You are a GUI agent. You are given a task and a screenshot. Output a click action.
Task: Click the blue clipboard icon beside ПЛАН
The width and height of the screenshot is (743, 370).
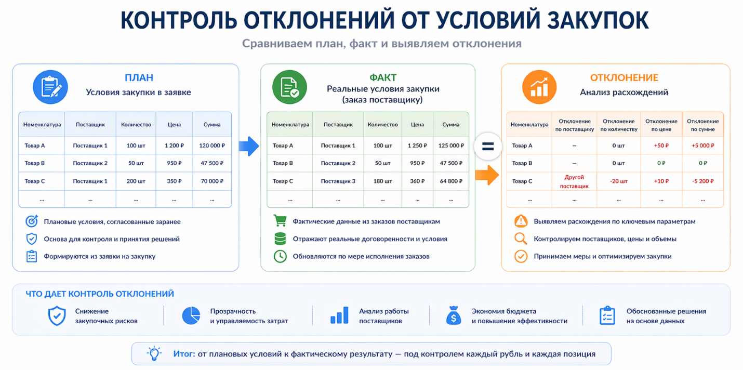tap(50, 87)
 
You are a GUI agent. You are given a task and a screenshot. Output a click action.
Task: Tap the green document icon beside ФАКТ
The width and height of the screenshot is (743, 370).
tap(289, 87)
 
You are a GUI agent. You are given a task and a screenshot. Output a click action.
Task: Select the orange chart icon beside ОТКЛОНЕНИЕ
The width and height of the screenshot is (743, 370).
tap(539, 87)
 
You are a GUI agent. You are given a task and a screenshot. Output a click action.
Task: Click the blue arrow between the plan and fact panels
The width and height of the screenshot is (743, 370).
tap(249, 146)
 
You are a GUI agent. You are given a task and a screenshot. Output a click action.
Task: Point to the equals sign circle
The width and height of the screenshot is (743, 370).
tap(488, 147)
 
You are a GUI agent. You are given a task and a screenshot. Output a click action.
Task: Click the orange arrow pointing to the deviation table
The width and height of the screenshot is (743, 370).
tap(487, 175)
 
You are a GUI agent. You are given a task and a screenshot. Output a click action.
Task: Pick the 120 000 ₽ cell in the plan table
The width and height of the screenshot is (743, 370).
tap(212, 146)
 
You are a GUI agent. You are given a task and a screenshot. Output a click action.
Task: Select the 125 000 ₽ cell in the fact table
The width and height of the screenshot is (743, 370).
tap(451, 146)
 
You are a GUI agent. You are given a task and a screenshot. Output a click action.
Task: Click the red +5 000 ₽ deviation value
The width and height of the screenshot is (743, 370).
tap(703, 146)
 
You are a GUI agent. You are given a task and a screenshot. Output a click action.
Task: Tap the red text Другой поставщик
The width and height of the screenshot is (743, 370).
tap(574, 181)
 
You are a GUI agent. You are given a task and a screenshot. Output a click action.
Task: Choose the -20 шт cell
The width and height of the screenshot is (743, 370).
tap(619, 181)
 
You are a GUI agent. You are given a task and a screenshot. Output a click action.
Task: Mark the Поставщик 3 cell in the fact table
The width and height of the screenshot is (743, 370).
tap(338, 181)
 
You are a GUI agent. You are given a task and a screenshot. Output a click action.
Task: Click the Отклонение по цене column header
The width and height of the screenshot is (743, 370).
tap(661, 125)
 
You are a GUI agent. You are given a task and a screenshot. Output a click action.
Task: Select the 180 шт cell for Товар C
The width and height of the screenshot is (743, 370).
tap(382, 181)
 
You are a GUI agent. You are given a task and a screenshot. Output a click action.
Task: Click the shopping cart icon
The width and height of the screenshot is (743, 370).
tap(280, 220)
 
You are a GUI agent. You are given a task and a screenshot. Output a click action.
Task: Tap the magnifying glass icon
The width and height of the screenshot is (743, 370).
tap(521, 239)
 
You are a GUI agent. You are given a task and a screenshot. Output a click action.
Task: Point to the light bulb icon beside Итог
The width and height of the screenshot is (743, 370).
tap(154, 353)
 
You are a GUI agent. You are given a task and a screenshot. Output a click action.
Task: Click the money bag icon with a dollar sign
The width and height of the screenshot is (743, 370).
tap(454, 315)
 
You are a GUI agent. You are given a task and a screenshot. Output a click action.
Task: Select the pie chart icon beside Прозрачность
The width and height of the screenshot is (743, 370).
tap(191, 315)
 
